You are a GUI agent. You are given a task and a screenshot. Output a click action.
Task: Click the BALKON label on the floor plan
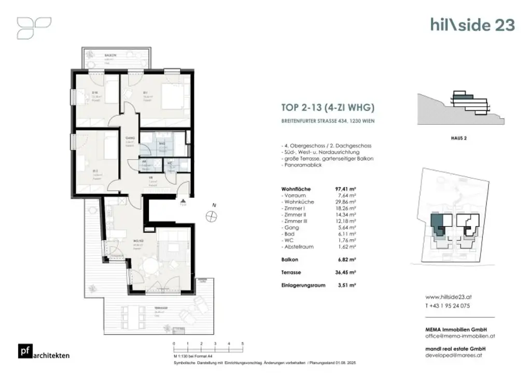click(109, 55)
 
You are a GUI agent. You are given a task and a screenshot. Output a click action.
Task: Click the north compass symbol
click(211, 217)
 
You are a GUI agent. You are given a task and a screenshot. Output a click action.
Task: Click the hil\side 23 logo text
click(472, 24)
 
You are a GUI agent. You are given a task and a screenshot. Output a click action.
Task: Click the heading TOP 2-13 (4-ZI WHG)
click(327, 108)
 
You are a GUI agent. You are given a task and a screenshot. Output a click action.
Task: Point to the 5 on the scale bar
click(243, 344)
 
